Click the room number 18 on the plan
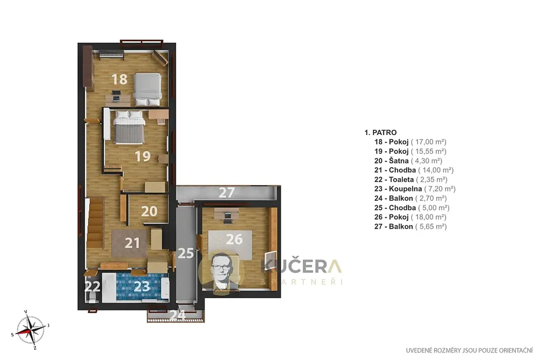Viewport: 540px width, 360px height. pyautogui.click(x=120, y=79)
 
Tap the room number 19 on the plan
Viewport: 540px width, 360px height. pyautogui.click(x=142, y=156)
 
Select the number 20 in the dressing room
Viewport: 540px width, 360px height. pyautogui.click(x=149, y=211)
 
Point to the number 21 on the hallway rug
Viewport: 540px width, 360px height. pyautogui.click(x=132, y=243)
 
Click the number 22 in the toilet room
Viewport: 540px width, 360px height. pyautogui.click(x=92, y=286)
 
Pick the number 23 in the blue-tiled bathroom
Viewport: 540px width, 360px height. pyautogui.click(x=141, y=286)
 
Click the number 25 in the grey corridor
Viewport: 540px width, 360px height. pyautogui.click(x=186, y=254)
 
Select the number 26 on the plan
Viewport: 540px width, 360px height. pyautogui.click(x=234, y=239)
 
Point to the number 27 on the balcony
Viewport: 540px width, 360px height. pyautogui.click(x=227, y=192)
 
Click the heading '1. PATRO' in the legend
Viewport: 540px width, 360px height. pyautogui.click(x=381, y=132)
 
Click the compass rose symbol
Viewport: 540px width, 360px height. pyautogui.click(x=31, y=330)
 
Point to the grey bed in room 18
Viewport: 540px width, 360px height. pyautogui.click(x=148, y=90)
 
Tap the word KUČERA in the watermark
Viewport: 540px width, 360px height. pyautogui.click(x=301, y=266)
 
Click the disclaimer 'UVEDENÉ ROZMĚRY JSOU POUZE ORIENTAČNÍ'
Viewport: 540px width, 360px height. pyautogui.click(x=469, y=351)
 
